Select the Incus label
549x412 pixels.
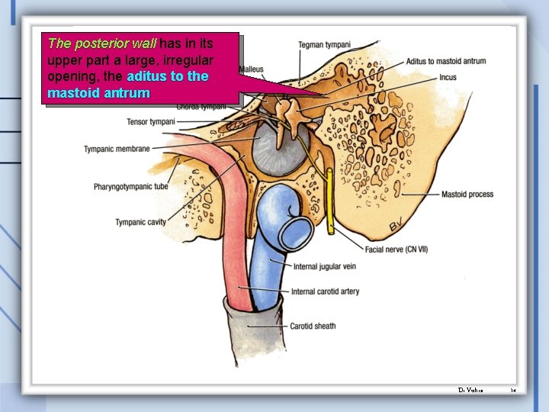[x=448, y=77]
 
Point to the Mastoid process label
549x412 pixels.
[x=467, y=195]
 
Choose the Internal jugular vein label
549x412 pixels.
[x=325, y=266]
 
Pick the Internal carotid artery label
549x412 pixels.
[x=326, y=291]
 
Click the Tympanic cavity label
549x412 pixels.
[x=140, y=222]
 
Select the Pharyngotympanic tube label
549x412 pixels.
[x=131, y=186]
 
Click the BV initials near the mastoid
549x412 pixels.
[x=397, y=225]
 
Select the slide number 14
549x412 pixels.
[x=513, y=390]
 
